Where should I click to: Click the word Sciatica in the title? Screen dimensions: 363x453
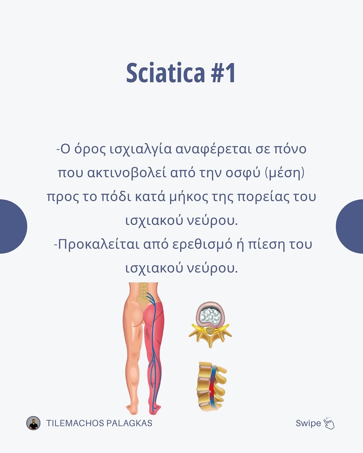tap(165, 72)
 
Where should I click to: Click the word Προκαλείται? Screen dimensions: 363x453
tap(98, 245)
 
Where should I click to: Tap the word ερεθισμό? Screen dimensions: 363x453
tap(202, 245)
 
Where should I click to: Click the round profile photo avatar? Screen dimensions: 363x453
tap(33, 423)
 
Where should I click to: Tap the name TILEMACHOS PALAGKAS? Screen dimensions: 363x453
tap(99, 423)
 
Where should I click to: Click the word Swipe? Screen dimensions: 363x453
tap(308, 423)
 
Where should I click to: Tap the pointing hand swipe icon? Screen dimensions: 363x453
tap(329, 423)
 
